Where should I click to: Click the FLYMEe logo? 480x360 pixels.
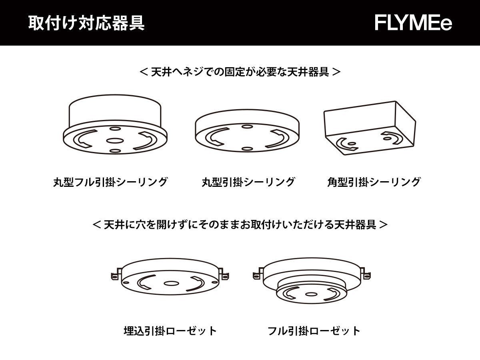pos(413,23)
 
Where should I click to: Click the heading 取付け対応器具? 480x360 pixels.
pos(86,23)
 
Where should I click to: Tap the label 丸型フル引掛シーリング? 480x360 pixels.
pos(110,182)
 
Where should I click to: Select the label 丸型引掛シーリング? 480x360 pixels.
pos(248,182)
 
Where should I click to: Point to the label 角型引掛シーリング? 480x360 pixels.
pos(374,182)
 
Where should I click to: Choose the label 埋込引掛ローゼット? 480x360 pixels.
pos(170,331)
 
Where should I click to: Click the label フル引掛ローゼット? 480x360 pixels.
pos(314,331)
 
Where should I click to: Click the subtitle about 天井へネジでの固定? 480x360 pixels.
pos(240,72)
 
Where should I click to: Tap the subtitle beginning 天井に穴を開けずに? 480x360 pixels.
pos(240,224)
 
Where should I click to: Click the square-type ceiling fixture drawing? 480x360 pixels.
pos(370,128)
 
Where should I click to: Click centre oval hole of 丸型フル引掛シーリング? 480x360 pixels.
pos(115,140)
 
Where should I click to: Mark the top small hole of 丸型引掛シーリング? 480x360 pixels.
pos(247,126)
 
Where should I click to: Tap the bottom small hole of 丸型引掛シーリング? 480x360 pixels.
pos(247,149)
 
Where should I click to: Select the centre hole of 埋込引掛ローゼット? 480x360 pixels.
pos(171,284)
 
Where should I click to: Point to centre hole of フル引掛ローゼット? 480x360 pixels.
pos(311,294)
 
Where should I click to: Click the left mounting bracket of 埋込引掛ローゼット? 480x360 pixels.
pos(116,274)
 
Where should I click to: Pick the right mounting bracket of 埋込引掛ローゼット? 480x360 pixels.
pos(224,274)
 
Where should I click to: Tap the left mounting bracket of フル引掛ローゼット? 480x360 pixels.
pos(258,274)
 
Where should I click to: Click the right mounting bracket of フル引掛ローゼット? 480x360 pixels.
pos(366,274)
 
